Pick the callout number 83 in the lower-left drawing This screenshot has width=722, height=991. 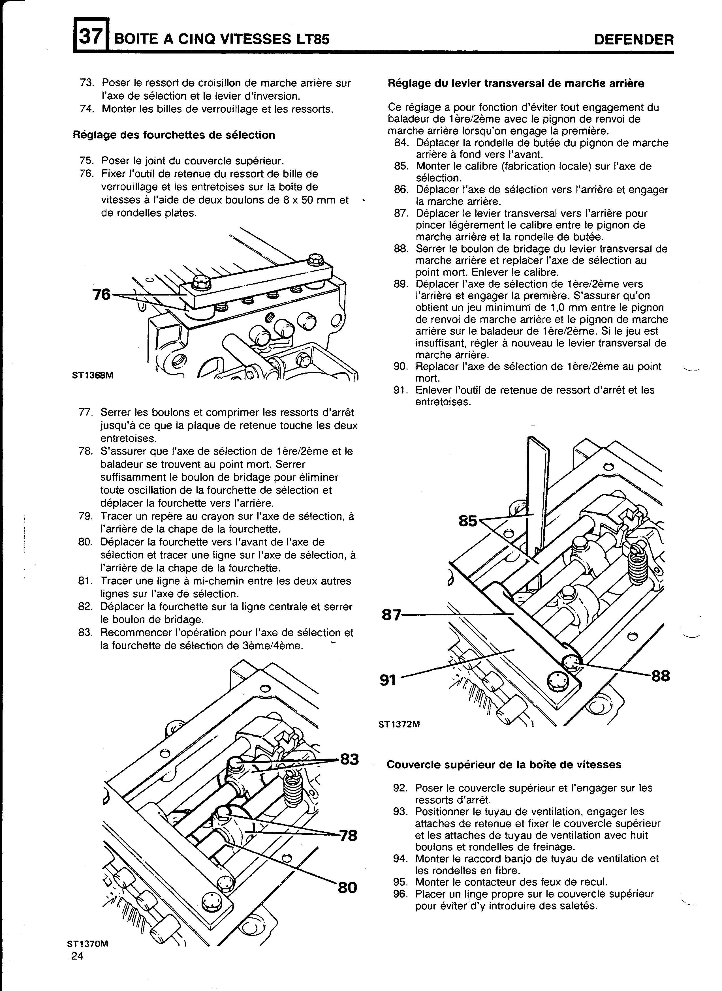pos(349,759)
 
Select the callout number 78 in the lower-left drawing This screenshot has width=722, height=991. pos(348,835)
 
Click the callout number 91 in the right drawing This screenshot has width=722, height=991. pos(388,680)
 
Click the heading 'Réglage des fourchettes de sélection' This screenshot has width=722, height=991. pos(174,135)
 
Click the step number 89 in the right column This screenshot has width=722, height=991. pos(401,284)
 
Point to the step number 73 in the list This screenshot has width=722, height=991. pos(87,83)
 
